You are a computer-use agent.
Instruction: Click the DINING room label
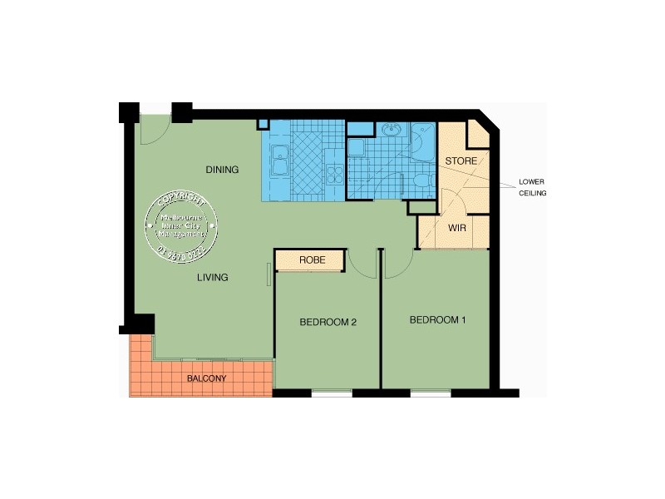[222, 170]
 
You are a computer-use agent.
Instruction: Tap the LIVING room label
[212, 277]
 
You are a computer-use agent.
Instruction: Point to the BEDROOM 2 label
[328, 323]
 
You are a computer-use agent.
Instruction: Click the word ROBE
[312, 261]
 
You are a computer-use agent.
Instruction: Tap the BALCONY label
[206, 378]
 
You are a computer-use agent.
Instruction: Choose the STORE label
[461, 160]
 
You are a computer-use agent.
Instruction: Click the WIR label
[456, 227]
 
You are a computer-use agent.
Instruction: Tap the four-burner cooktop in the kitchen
[336, 174]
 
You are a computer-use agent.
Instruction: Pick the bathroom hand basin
[391, 130]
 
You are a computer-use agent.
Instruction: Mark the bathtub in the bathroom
[422, 142]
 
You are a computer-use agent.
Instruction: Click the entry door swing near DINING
[155, 131]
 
